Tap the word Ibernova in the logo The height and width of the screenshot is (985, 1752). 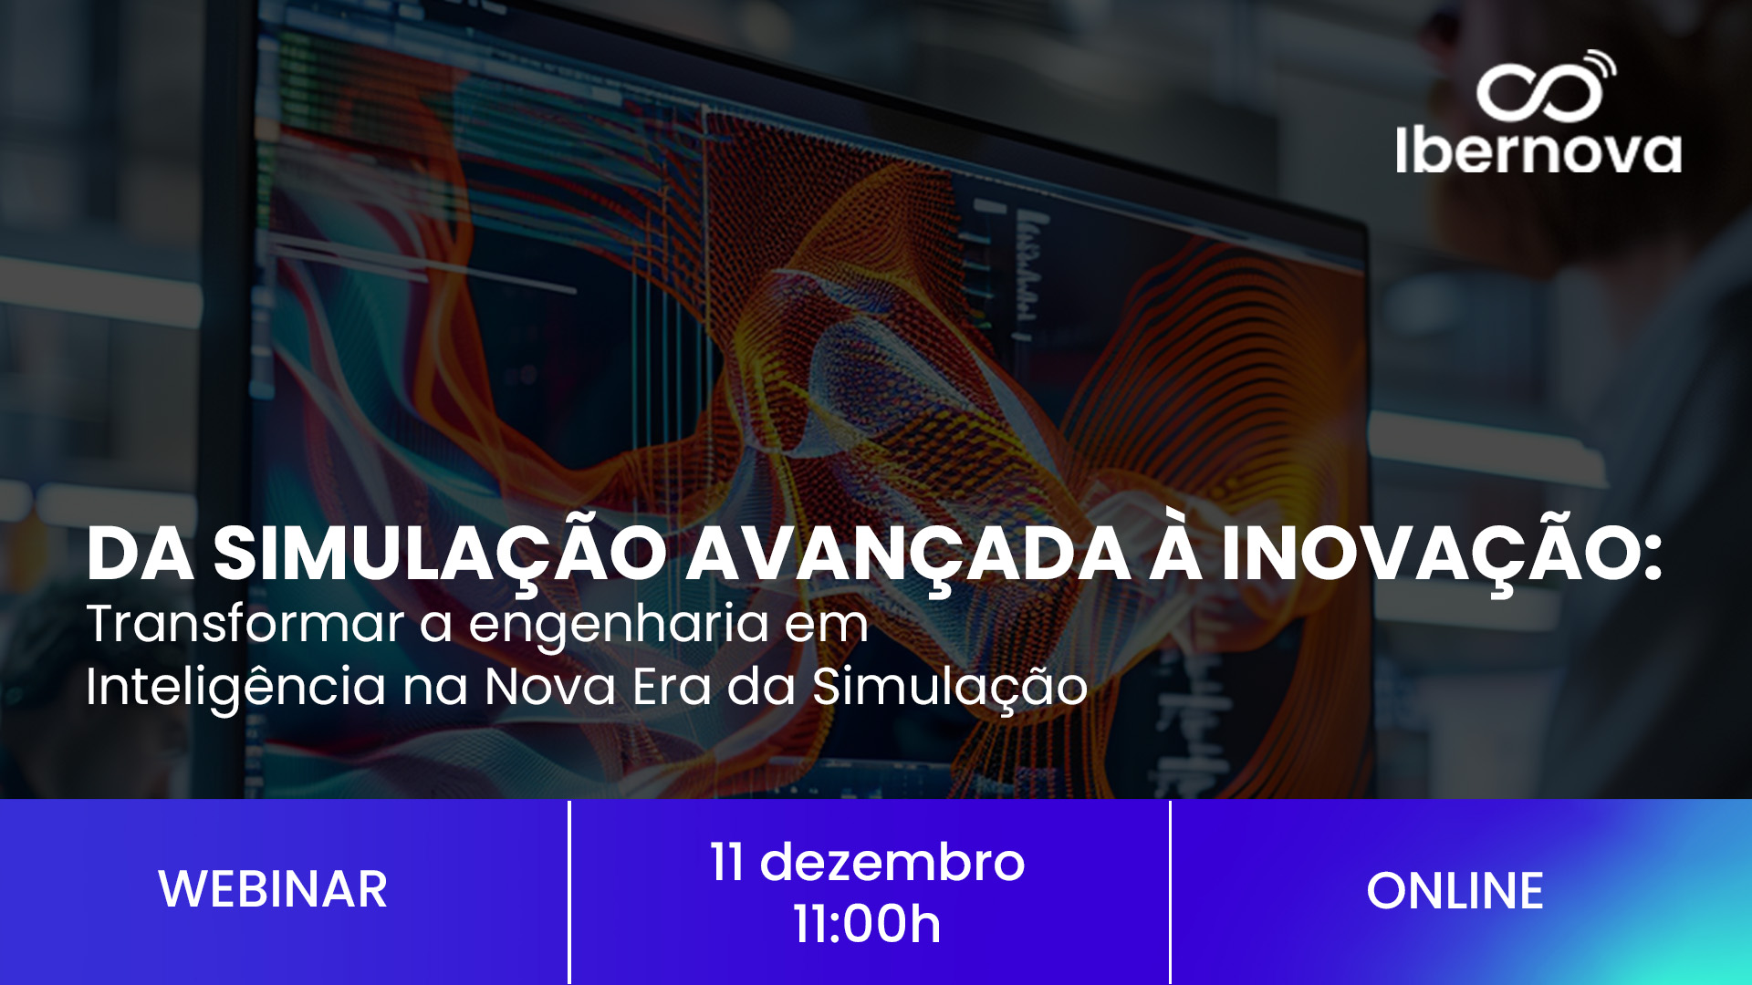coord(1538,150)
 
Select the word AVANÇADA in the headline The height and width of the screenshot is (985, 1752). coord(908,554)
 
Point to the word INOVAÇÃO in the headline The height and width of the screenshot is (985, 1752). coord(1441,554)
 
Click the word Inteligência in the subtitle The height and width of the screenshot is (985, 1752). coord(235,687)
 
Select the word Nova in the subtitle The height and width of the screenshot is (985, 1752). coord(550,687)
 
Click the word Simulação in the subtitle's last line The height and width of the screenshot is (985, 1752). coord(949,687)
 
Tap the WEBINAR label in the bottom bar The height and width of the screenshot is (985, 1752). coord(273,889)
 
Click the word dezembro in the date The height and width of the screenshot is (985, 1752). coord(892,862)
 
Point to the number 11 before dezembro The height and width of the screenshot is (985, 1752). coord(726,862)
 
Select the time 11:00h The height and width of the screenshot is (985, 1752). coord(867,924)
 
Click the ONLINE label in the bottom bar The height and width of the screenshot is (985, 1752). coord(1455,891)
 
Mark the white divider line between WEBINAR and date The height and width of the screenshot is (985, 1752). coord(569,892)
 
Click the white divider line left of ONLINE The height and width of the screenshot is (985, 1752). coord(1170,892)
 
